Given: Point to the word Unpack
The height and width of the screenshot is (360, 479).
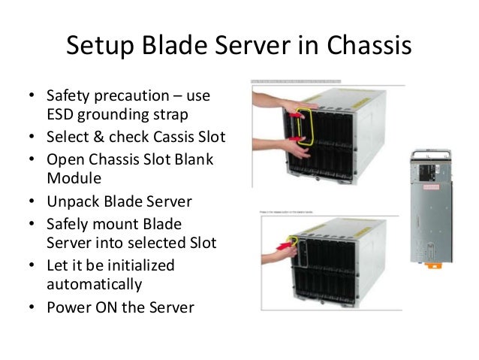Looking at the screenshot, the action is coord(73,202).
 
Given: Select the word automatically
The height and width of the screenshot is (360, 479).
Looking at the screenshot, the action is coord(94,285).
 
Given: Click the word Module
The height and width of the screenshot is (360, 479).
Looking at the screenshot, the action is coord(72,180).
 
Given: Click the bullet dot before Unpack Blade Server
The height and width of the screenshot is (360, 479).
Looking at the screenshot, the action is coord(32,203).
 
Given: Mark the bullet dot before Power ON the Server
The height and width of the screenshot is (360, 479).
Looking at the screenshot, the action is coord(32,307).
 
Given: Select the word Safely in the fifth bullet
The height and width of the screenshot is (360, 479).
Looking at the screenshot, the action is coord(69,224).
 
